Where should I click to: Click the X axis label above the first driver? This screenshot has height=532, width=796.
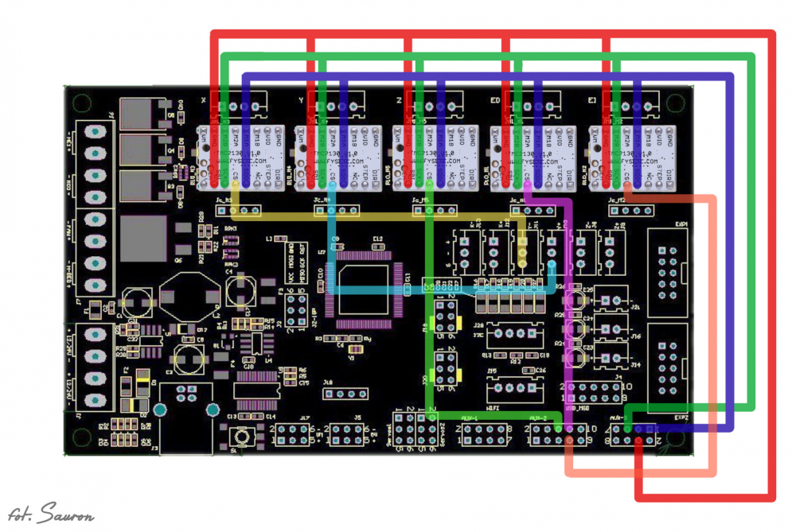coord(205,100)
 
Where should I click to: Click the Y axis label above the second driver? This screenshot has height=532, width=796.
coord(301,100)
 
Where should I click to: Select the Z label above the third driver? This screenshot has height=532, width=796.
coord(398,100)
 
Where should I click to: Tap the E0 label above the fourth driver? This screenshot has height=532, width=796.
coord(495,100)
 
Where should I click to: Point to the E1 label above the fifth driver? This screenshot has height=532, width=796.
coord(592,100)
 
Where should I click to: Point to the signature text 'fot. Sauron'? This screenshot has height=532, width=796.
coord(52,515)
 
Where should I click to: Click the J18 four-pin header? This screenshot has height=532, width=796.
coord(346,393)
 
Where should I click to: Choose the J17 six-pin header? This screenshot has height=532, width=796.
coord(294,433)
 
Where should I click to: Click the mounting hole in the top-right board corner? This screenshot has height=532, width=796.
coord(677,103)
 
